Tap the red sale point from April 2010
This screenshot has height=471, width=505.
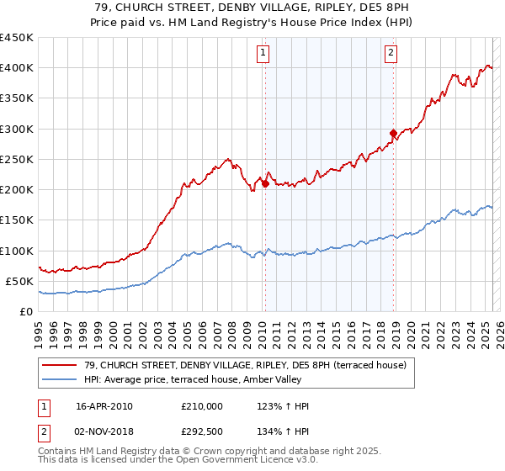pyautogui.click(x=265, y=183)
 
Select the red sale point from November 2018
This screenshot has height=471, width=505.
pyautogui.click(x=393, y=133)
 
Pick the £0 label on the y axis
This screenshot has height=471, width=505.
pyautogui.click(x=25, y=311)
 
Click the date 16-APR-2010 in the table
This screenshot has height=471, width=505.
pyautogui.click(x=104, y=406)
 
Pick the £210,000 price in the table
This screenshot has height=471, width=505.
pyautogui.click(x=202, y=406)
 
